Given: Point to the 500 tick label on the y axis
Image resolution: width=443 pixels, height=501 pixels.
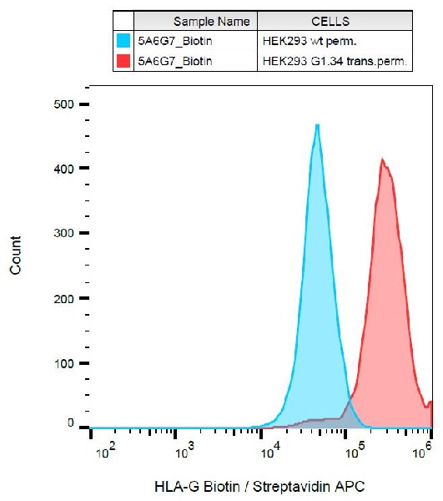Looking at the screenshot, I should point(65,104).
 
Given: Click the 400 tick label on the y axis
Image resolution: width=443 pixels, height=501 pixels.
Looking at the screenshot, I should point(65,169).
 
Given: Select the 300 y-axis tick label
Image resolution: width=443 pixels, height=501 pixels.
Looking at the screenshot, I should point(65,233).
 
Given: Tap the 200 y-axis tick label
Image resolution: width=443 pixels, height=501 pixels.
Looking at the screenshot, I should point(65,298).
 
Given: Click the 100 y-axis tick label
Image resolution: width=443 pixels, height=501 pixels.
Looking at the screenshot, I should point(65,363).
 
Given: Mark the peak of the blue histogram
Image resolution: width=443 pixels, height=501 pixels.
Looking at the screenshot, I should point(317,125).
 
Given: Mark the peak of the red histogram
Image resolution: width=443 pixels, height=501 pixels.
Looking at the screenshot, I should point(382,159).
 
